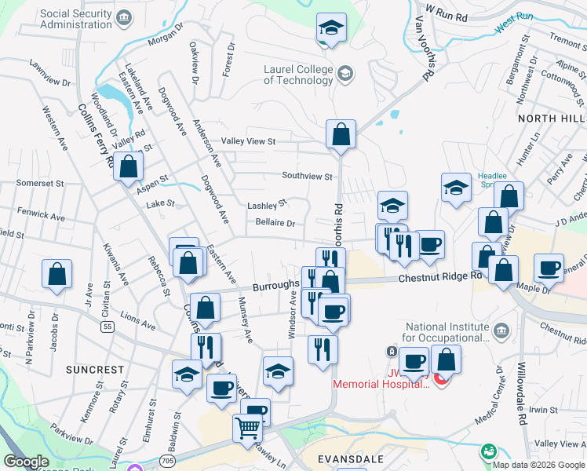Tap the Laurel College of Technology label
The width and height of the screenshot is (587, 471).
click(x=298, y=75)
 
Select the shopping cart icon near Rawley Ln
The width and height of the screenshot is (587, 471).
click(x=247, y=429)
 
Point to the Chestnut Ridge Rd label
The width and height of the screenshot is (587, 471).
click(x=439, y=278)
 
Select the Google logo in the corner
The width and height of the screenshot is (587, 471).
click(x=25, y=462)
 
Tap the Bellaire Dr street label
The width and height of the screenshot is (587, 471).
click(x=275, y=223)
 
